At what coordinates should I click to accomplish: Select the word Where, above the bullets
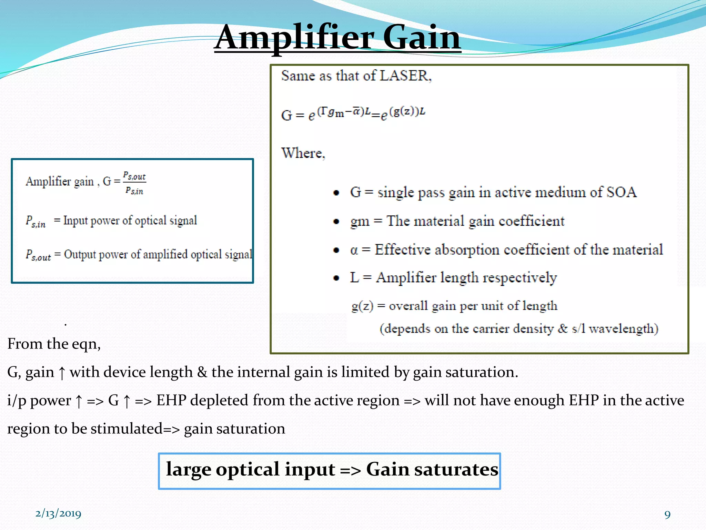click(303, 153)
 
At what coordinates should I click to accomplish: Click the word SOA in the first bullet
click(621, 192)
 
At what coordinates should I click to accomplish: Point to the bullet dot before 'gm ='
click(336, 222)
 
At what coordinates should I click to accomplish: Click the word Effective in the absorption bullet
click(402, 250)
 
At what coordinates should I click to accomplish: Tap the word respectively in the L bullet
click(519, 278)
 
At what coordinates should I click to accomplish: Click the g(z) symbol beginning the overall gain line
click(362, 306)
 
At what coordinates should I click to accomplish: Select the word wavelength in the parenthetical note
click(623, 329)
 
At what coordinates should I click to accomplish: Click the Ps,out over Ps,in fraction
click(134, 183)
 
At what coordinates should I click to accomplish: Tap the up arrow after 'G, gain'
click(62, 373)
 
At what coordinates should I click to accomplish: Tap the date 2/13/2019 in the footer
click(58, 513)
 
